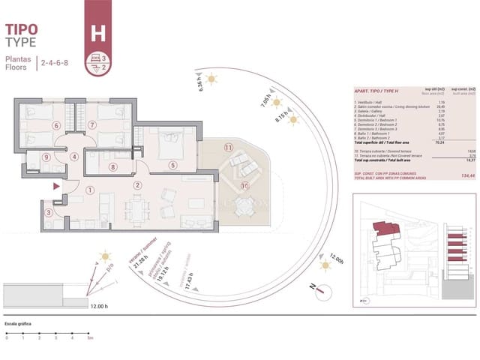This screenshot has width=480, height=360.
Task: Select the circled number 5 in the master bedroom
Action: [x=172, y=165]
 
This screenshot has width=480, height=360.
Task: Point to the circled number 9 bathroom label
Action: [x=46, y=157]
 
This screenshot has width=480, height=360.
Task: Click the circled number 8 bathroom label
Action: [x=112, y=167]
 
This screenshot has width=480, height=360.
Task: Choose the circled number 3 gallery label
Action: [x=49, y=213]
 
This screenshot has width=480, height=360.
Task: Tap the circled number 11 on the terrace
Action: [x=228, y=148]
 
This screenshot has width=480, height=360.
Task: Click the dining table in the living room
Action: [x=137, y=205]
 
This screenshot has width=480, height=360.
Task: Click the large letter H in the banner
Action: [x=97, y=33]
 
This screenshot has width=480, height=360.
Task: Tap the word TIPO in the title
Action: [x=22, y=29]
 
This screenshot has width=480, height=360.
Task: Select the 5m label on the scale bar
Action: [x=90, y=338]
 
